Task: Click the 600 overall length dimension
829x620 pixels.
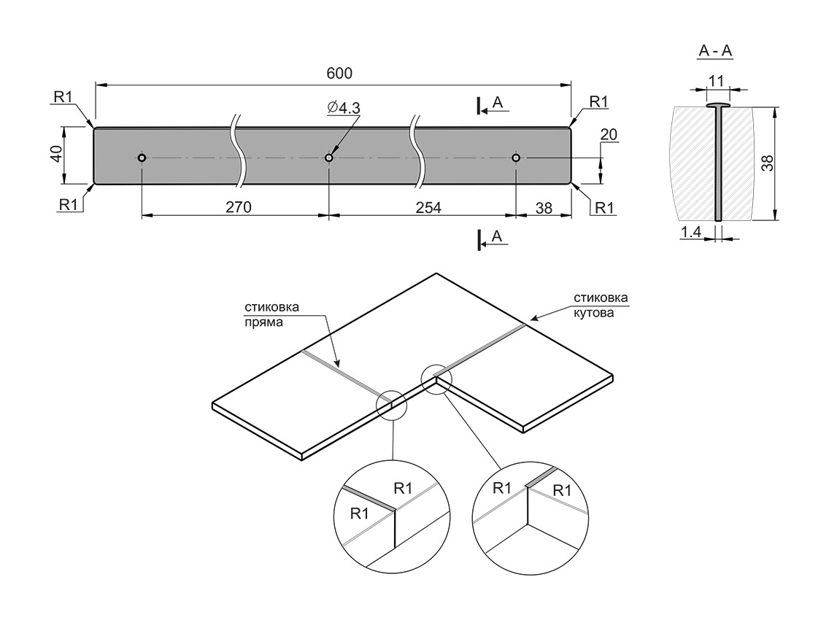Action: pos(340,73)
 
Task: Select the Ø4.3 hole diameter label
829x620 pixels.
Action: pos(344,108)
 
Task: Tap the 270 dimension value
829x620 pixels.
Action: pos(238,207)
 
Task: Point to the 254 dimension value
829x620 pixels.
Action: pos(428,207)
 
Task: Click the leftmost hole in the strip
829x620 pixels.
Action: pos(142,158)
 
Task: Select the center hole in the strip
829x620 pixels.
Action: pos(329,158)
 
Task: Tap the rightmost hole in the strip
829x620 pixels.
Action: pos(516,158)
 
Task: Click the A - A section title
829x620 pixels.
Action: pos(715,50)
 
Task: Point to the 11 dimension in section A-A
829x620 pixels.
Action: pos(715,81)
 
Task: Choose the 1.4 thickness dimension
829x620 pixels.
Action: pos(690,232)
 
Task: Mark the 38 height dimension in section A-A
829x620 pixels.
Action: pos(766,163)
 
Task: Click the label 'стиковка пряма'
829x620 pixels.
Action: pos(271,313)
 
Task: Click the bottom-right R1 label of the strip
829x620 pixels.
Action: pos(605,207)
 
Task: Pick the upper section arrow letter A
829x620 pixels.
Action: pos(498,103)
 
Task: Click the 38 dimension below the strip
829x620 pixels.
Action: pos(544,207)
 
